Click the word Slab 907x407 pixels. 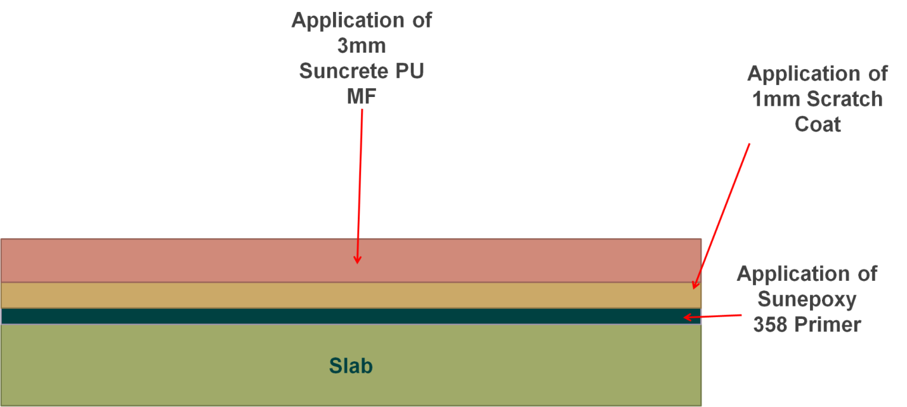pyautogui.click(x=351, y=366)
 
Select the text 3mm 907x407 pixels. pyautogui.click(x=362, y=46)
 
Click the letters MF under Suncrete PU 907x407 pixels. pyautogui.click(x=362, y=96)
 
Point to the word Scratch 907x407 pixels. pyautogui.click(x=845, y=99)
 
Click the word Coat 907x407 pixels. pyautogui.click(x=818, y=124)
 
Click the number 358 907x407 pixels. pyautogui.click(x=771, y=325)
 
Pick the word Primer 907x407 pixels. pyautogui.click(x=828, y=325)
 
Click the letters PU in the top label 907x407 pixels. pyautogui.click(x=409, y=71)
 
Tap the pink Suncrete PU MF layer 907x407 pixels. pyautogui.click(x=351, y=260)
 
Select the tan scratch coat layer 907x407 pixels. pyautogui.click(x=351, y=295)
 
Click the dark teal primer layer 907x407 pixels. pyautogui.click(x=351, y=316)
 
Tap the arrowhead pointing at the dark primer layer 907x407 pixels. pyautogui.click(x=688, y=317)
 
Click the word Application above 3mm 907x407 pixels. pyautogui.click(x=348, y=20)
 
